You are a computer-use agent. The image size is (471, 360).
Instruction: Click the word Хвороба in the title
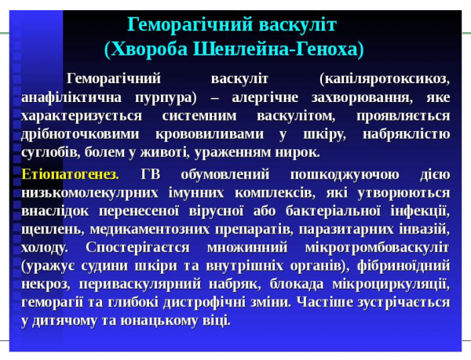coord(149,49)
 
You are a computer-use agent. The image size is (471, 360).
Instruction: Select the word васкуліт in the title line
coord(292,22)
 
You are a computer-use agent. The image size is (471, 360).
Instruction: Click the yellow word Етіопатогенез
coord(70,173)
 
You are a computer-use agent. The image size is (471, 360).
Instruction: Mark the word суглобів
coord(52,152)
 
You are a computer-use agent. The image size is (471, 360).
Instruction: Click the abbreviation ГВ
coord(151,173)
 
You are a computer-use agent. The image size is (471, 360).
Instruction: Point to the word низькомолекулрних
coord(97,192)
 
